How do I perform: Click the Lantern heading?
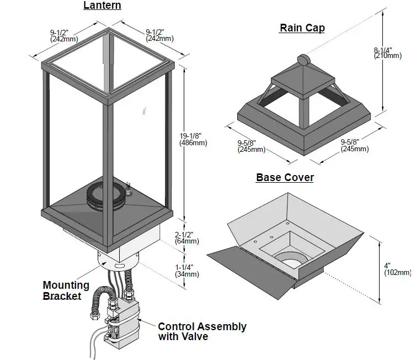[x=102, y=6]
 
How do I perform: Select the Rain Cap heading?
[x=302, y=28]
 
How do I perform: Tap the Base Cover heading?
[x=285, y=178]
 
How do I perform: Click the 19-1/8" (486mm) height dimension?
[x=193, y=139]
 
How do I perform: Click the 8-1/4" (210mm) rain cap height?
[x=387, y=52]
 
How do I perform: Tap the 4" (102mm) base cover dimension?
[x=397, y=269]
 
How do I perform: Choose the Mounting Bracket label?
[x=66, y=290]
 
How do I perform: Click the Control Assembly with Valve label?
[x=202, y=331]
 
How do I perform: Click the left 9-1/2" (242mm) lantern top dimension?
[x=63, y=36]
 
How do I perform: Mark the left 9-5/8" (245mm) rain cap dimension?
[x=251, y=146]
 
